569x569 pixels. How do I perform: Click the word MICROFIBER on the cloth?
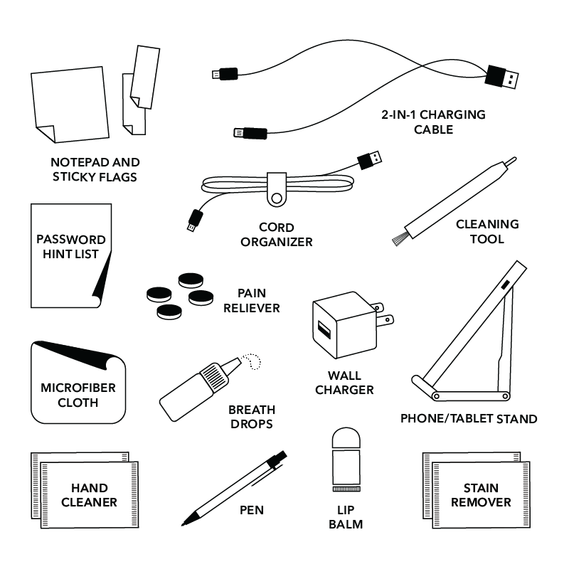pos(78,388)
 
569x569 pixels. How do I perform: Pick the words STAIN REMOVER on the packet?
pos(481,495)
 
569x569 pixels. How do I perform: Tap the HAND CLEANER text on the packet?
pos(89,495)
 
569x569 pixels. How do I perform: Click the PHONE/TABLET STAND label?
pos(468,418)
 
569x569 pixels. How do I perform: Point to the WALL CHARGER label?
pos(344,382)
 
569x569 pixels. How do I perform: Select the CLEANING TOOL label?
pos(487,231)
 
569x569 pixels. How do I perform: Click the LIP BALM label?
pos(348,517)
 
